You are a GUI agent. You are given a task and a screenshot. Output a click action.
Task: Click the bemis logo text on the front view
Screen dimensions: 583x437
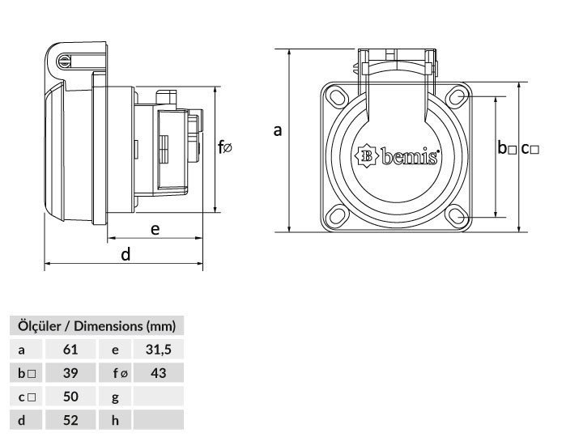coord(410,156)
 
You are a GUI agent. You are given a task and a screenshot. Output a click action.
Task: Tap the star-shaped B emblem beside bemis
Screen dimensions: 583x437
coord(366,155)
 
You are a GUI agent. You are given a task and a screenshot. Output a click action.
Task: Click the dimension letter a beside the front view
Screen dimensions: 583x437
coord(278,130)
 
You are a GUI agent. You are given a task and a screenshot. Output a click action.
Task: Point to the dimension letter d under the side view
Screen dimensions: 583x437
coord(126,254)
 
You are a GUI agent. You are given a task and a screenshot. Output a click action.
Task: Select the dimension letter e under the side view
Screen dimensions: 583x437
coord(155,229)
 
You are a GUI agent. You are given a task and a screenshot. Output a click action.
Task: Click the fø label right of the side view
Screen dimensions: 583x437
coord(225,146)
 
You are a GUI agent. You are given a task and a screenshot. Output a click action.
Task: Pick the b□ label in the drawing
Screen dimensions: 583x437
coord(507,147)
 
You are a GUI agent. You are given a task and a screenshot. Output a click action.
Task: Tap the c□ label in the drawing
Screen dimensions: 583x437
coord(530,149)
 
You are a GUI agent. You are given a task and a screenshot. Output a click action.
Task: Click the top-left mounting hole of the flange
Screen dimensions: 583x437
coord(337,96)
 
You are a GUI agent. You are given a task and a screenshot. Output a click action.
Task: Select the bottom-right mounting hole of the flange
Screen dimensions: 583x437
coord(457,216)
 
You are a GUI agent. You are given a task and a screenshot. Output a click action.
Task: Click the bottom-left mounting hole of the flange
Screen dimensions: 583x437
coord(337,216)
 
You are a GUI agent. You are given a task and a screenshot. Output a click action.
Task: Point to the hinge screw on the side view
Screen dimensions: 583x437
coord(64,62)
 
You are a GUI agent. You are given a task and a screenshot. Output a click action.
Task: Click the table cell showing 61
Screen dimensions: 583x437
coord(70,350)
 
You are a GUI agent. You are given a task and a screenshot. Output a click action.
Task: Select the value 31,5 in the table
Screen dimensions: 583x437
coord(159,350)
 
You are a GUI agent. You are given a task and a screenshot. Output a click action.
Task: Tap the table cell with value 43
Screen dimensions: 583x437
coord(159,373)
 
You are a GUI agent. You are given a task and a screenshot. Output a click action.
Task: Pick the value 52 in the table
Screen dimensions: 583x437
coord(70,420)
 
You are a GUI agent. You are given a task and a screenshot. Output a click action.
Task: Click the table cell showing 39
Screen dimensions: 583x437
coord(70,373)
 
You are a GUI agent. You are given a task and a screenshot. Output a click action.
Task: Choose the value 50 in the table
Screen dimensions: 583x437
coord(70,397)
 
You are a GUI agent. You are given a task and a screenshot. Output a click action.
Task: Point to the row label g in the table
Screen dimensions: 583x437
coord(115,398)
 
